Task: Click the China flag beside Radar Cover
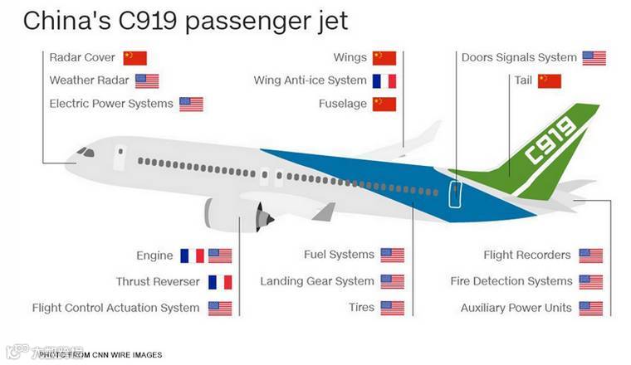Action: click(x=135, y=58)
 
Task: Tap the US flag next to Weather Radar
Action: click(x=147, y=81)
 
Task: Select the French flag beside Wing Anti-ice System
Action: click(x=384, y=81)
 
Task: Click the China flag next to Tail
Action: click(x=550, y=81)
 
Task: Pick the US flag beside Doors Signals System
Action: click(x=594, y=58)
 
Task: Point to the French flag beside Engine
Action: click(x=192, y=255)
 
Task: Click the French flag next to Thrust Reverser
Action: click(x=220, y=282)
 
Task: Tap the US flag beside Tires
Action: click(x=392, y=308)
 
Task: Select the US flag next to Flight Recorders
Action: click(x=590, y=255)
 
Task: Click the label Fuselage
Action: click(x=342, y=104)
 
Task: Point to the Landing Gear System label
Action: click(x=317, y=282)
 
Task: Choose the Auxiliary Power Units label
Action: click(x=516, y=308)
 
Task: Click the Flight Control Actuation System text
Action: click(x=116, y=308)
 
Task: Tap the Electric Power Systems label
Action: click(x=111, y=104)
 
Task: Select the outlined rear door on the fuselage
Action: click(x=454, y=193)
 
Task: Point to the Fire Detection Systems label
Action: click(x=511, y=282)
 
